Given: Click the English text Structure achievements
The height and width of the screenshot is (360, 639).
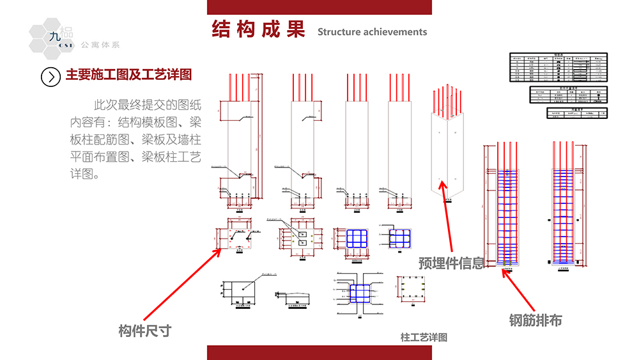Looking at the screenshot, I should pos(372,32).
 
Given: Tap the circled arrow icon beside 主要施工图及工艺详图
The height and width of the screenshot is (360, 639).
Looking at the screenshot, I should pos(50,76).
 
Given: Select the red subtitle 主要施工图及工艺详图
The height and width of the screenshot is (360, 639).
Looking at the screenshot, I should pos(128,75).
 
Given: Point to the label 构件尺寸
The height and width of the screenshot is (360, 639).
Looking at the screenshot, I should pos(145,331).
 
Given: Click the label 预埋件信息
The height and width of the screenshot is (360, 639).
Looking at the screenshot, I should pos(452,263).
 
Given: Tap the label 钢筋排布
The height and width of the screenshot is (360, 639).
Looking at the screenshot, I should pos(535,320).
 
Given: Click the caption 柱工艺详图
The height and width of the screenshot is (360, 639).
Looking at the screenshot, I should pos(424,337).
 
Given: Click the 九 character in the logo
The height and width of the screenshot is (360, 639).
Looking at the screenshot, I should pos(54,37).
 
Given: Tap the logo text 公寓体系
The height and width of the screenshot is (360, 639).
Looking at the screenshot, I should pos(100,45).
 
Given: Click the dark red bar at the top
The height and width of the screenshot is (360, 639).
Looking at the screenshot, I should pos(319,7).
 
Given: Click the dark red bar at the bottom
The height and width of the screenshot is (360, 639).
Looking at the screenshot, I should pos(319,352).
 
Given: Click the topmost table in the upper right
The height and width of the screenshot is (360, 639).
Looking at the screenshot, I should pos(557,67).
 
